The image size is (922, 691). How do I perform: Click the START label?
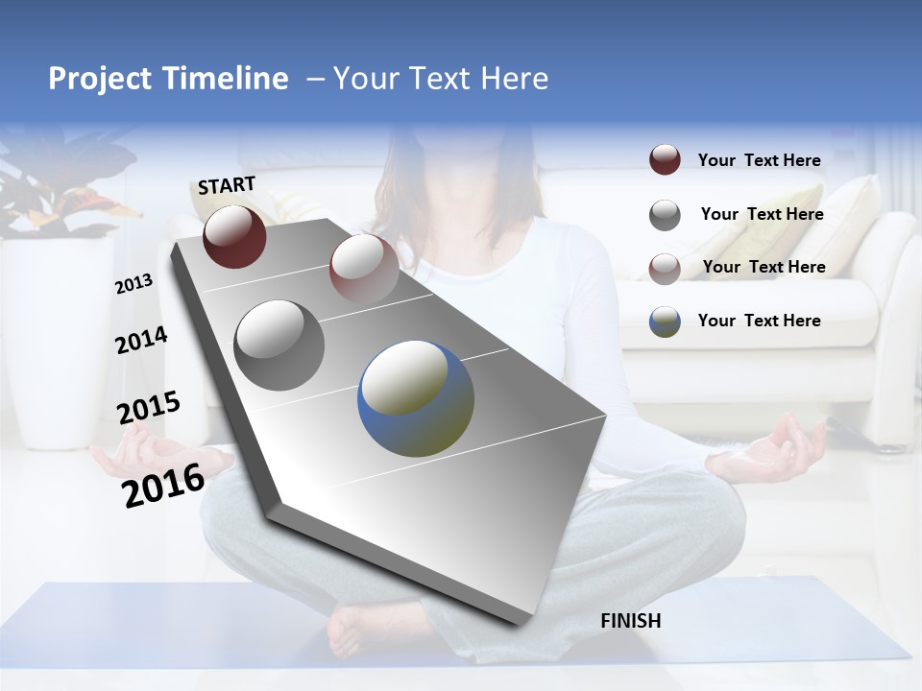coord(227,185)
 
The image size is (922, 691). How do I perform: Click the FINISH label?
coord(631,621)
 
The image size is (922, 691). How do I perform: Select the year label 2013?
coord(133,284)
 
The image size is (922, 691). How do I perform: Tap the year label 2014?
coord(141,341)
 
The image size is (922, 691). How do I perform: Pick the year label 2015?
coord(148,408)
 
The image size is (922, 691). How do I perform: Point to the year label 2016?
coord(163,485)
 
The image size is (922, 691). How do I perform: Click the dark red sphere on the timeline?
coord(234,236)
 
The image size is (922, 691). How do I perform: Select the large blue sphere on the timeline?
coord(416,398)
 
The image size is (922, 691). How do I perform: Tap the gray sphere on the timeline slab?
coord(279,345)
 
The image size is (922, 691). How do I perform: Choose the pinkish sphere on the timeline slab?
coord(364,268)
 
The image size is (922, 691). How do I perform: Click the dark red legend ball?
coord(665,159)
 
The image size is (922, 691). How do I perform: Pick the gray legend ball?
coord(665,215)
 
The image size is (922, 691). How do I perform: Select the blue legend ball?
coord(665,322)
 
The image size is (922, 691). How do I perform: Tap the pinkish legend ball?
coord(665,268)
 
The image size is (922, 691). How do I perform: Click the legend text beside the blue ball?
coord(759,321)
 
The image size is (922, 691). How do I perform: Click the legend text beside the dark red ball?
coord(759,160)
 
